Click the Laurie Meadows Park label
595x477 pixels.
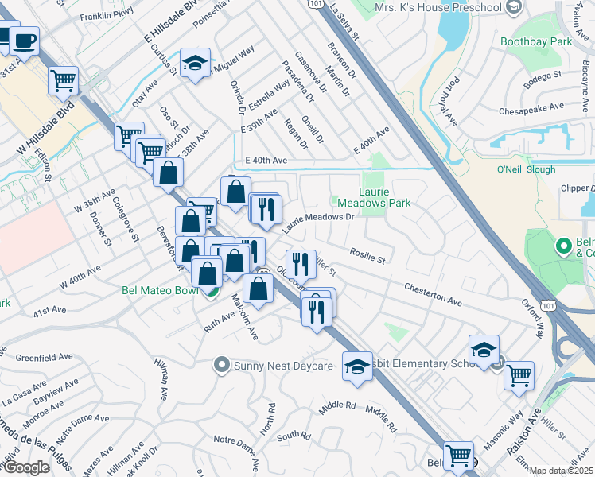[385, 196]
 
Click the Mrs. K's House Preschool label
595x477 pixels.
[438, 8]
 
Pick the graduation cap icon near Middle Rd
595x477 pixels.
[358, 366]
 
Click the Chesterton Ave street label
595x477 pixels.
[433, 295]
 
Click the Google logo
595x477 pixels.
[26, 467]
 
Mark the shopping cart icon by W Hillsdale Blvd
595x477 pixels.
[63, 79]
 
